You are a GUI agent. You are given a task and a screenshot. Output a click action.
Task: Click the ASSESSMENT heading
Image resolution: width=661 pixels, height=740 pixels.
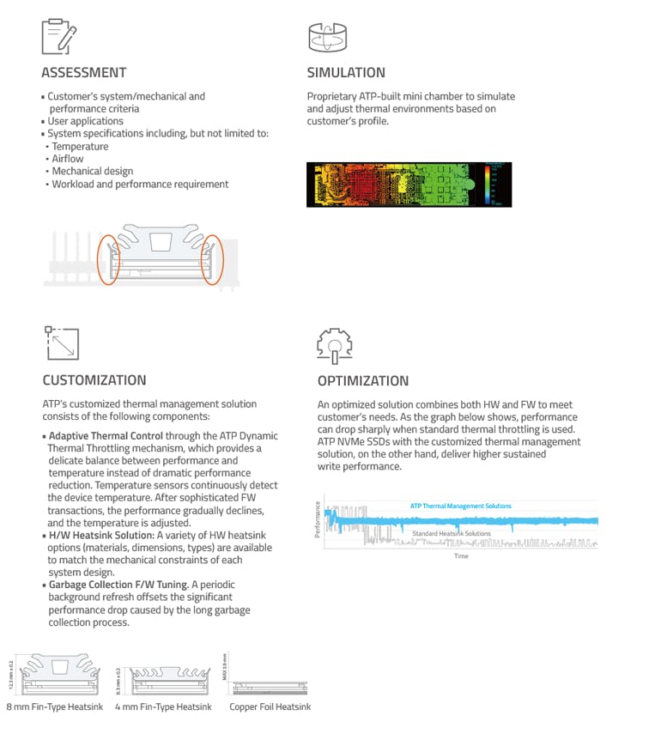[x=84, y=73]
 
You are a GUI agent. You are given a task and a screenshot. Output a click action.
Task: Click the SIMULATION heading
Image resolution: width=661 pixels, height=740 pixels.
[x=346, y=73]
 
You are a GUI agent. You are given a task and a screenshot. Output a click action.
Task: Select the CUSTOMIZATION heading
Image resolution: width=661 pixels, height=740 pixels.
[x=94, y=380]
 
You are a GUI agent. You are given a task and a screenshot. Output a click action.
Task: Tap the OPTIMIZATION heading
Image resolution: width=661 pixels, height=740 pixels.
[x=363, y=381]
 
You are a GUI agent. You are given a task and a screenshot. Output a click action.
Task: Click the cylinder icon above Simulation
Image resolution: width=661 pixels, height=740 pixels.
[x=326, y=37]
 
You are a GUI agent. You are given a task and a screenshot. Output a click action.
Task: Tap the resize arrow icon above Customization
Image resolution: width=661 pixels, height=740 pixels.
[x=60, y=343]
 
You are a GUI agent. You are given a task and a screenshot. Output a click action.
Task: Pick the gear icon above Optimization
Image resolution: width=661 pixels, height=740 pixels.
[x=335, y=344]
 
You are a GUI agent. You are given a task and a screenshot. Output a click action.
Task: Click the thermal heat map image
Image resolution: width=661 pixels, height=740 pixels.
[x=409, y=185]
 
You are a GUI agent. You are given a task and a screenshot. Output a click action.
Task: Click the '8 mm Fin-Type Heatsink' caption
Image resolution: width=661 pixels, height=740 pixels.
[x=54, y=707]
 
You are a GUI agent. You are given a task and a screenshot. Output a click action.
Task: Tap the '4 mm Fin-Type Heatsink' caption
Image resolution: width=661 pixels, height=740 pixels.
[x=163, y=707]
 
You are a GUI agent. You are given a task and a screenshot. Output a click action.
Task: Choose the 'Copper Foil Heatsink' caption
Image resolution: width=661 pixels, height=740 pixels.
[x=270, y=707]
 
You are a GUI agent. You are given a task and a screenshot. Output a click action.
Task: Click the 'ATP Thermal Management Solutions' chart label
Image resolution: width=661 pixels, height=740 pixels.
[x=460, y=506]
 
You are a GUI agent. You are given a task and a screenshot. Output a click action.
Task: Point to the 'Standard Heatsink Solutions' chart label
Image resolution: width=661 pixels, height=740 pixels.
[x=452, y=534]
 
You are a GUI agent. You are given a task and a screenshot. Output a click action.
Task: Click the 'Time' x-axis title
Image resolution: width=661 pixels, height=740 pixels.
[x=461, y=556]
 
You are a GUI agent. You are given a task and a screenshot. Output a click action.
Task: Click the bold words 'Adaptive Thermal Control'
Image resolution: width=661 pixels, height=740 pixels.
[x=106, y=436]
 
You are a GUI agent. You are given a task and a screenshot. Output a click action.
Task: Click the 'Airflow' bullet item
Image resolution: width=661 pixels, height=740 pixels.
[x=68, y=159]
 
